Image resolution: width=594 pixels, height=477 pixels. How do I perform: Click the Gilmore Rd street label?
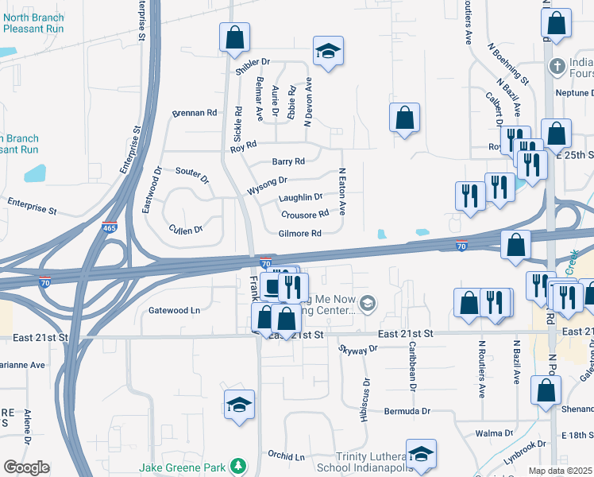(299, 234)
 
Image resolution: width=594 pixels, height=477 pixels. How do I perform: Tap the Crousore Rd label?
(304, 215)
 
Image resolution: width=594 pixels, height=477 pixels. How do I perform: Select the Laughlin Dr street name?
(300, 197)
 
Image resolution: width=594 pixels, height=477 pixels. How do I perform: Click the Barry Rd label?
(288, 161)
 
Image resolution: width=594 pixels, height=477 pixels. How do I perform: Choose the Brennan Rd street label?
(195, 114)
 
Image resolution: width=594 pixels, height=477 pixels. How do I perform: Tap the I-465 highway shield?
(110, 228)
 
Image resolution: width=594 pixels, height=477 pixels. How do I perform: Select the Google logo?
(26, 467)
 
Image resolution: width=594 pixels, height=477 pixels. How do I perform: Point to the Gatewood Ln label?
(174, 310)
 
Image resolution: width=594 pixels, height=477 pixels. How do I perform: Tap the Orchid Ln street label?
(286, 457)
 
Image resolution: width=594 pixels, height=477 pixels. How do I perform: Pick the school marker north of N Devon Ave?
(328, 51)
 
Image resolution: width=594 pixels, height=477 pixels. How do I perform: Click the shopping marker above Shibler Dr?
(234, 37)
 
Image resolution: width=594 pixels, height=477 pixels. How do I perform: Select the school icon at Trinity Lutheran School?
(421, 454)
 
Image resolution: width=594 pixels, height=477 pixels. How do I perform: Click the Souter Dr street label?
(192, 175)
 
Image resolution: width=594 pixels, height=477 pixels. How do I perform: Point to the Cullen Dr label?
(186, 229)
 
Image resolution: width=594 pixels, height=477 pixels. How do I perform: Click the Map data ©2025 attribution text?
(560, 471)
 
